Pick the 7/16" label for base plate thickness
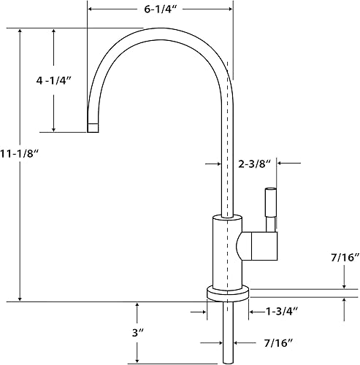[342, 258]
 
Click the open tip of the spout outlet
[93, 128]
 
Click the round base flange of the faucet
[228, 293]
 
